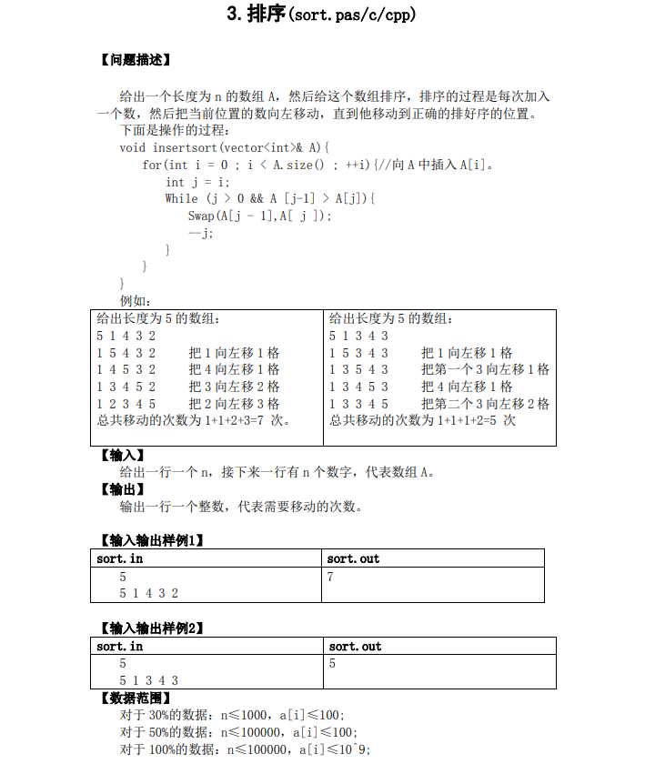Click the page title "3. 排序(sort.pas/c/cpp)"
tap(321, 15)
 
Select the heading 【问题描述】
tap(134, 61)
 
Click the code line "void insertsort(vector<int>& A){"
tap(224, 147)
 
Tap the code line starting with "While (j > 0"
tap(269, 198)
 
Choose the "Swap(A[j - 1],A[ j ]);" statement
tap(260, 216)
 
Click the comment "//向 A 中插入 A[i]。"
tap(436, 165)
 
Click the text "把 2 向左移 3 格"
tap(234, 403)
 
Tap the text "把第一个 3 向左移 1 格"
tap(485, 369)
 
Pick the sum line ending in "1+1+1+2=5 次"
tap(422, 420)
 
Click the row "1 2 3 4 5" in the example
tap(126, 403)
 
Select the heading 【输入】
tap(121, 455)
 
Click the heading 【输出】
tap(121, 489)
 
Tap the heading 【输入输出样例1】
tap(150, 539)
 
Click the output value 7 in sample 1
tap(330, 577)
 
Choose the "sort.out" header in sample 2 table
tap(355, 646)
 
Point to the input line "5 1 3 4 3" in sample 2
tap(148, 680)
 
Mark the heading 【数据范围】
tap(134, 698)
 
